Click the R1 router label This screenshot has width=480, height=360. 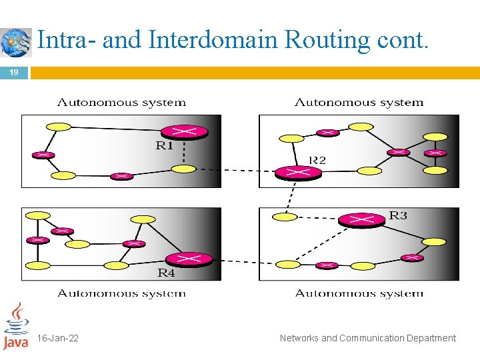[x=165, y=146]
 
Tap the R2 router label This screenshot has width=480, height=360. [x=317, y=160]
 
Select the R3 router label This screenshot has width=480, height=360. [x=398, y=215]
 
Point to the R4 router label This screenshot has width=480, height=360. [x=166, y=272]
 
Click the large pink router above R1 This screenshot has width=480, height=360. [x=185, y=132]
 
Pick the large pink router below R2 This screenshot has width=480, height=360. [x=298, y=172]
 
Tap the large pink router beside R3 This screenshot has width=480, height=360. [x=361, y=219]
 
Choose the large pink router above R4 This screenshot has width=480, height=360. [x=189, y=259]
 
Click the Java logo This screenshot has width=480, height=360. [x=15, y=326]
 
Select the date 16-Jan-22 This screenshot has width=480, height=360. [x=58, y=338]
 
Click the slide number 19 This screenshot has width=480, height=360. [x=14, y=72]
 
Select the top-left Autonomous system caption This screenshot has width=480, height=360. [x=121, y=103]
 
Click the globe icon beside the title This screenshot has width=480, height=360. [x=16, y=42]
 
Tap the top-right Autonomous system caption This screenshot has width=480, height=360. [x=359, y=103]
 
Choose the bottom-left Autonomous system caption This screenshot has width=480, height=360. [x=121, y=293]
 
